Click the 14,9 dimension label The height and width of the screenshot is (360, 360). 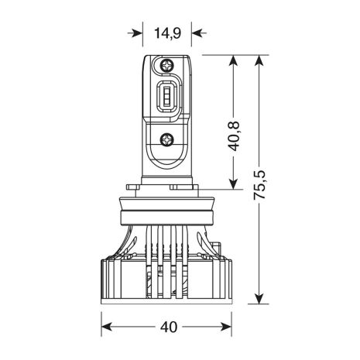167,33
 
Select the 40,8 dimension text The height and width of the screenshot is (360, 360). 234,135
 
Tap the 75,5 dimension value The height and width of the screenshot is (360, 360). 259,185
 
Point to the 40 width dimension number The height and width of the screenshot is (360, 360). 169,327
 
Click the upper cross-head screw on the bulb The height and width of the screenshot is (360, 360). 166,65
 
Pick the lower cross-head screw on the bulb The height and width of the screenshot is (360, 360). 166,139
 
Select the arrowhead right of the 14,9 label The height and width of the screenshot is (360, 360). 199,33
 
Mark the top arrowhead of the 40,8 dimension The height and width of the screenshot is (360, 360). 233,63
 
